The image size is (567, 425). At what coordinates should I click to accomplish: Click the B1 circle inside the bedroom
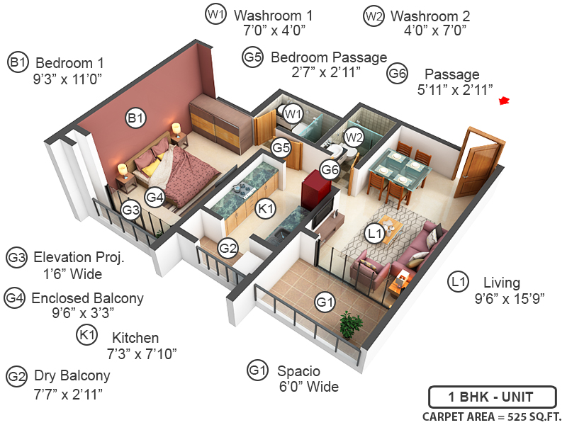coord(135,119)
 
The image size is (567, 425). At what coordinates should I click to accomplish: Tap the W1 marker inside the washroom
coord(293,113)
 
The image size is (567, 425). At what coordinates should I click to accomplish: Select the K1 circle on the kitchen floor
coord(265,210)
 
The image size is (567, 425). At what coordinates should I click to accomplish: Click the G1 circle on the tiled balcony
coord(325,303)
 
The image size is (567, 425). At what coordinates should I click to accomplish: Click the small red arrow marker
coord(505,101)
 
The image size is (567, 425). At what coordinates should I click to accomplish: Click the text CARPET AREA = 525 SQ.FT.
coord(490,416)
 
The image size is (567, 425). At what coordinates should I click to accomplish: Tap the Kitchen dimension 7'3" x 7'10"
coord(142,353)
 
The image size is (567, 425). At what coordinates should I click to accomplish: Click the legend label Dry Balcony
coord(72,375)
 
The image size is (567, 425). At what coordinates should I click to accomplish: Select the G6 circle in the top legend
coord(398,73)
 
